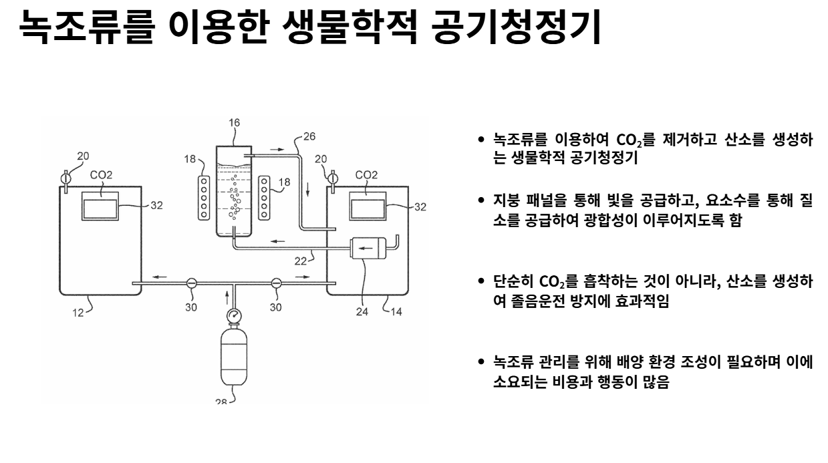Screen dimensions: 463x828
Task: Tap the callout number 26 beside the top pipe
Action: (309, 136)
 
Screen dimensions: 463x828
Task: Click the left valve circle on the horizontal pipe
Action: (191, 283)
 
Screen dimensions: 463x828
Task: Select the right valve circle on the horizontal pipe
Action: (275, 283)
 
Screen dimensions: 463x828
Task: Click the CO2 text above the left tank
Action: (101, 175)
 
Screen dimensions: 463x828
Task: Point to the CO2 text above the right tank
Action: (366, 175)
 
